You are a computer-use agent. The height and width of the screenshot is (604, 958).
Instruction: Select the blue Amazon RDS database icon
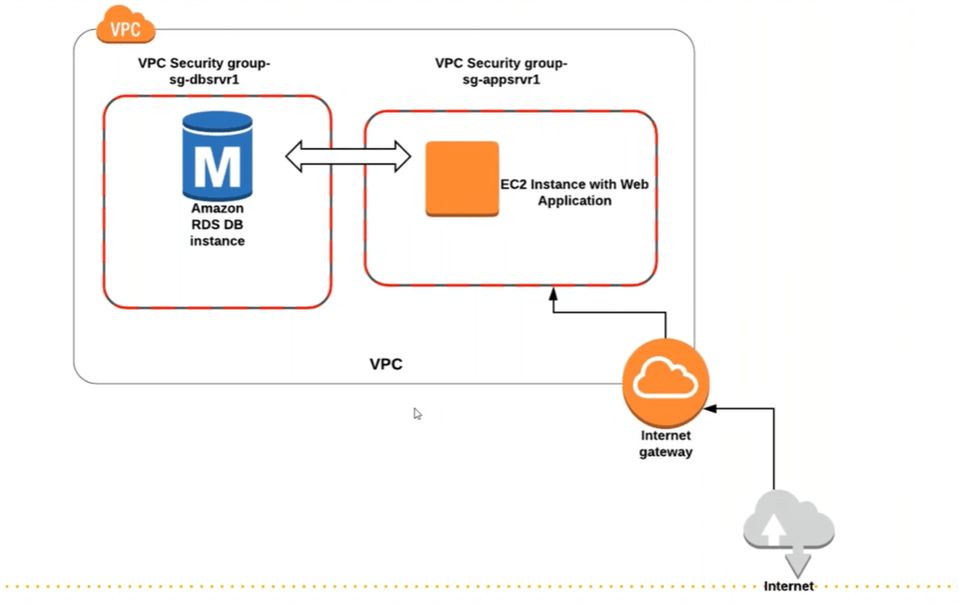coord(217,155)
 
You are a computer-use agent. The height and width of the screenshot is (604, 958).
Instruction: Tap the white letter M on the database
coord(217,168)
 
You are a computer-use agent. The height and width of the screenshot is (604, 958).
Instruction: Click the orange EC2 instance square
coord(461,179)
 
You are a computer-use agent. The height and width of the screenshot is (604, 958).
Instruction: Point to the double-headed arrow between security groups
coord(348,156)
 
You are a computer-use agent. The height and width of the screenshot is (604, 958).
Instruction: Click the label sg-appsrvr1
coord(501,81)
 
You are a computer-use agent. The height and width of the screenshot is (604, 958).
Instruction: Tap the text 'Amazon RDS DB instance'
coord(217,225)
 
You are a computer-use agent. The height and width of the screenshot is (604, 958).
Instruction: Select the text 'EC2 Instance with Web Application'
coord(573,193)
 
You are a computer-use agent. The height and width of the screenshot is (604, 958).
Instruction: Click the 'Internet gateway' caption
coord(665,444)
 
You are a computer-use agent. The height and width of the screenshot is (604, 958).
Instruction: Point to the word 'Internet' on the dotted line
coord(788,587)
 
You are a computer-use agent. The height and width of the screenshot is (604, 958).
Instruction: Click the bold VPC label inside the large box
coord(385,364)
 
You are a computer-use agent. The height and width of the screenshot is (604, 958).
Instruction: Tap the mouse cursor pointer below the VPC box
coord(417,413)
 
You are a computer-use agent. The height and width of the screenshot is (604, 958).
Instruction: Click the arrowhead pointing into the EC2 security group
coord(554,293)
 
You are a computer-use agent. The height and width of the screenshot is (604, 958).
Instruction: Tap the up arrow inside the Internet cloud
coord(774,530)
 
